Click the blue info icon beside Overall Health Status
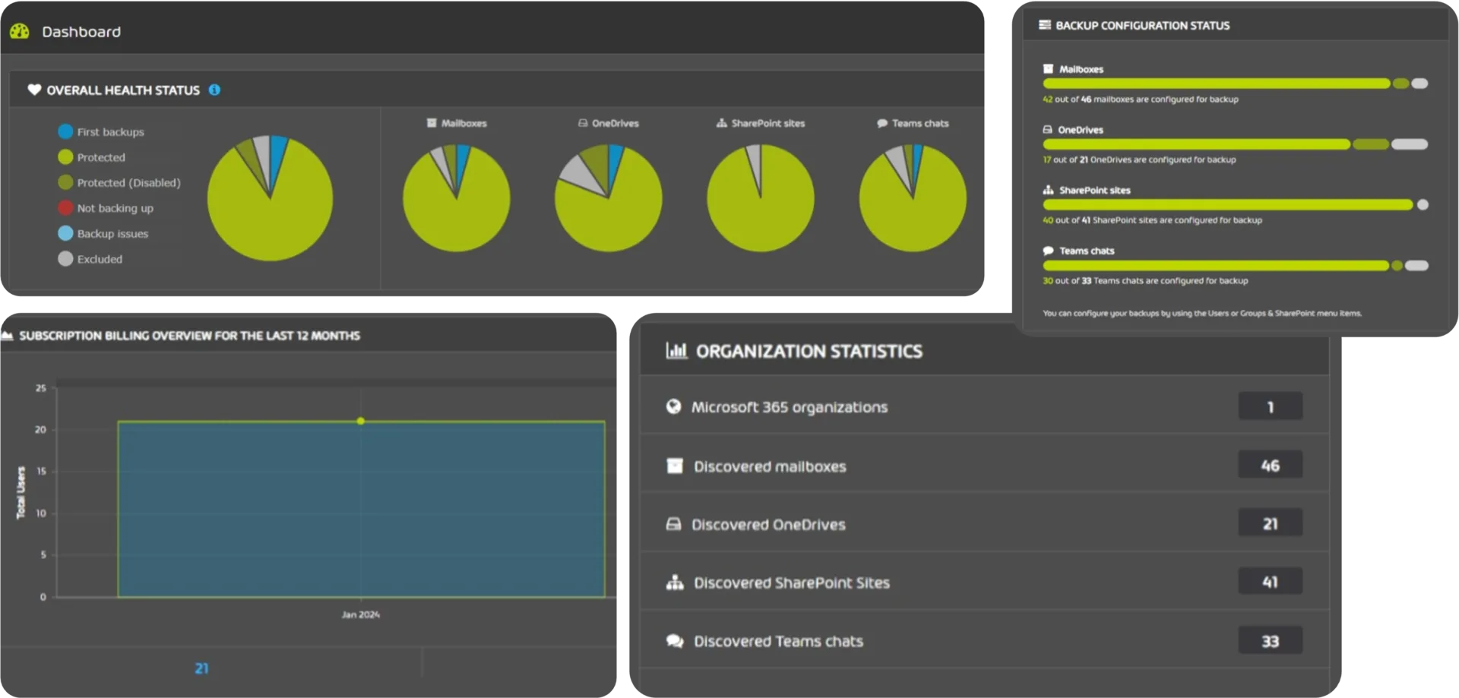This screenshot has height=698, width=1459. pyautogui.click(x=214, y=90)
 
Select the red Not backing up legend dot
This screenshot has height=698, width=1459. pyautogui.click(x=65, y=207)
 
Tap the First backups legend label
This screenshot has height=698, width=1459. pyautogui.click(x=110, y=131)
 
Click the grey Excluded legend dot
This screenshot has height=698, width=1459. pyautogui.click(x=65, y=258)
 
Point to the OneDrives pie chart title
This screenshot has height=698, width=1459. pyautogui.click(x=615, y=123)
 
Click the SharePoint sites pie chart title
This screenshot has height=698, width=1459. pyautogui.click(x=767, y=123)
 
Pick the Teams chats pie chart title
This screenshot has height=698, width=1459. pyautogui.click(x=919, y=123)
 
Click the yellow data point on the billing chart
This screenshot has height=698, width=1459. pyautogui.click(x=360, y=421)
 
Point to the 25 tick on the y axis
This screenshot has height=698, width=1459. pyautogui.click(x=41, y=388)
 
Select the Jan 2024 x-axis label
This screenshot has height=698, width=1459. pyautogui.click(x=360, y=614)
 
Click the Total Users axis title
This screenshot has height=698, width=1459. pyautogui.click(x=21, y=492)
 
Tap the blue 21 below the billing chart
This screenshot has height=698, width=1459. pyautogui.click(x=201, y=668)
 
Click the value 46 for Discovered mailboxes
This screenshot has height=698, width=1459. pyautogui.click(x=1270, y=465)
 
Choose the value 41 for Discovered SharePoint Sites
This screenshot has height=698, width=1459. pyautogui.click(x=1270, y=582)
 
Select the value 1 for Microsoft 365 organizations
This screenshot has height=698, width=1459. pyautogui.click(x=1270, y=407)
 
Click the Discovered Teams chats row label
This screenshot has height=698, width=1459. pyautogui.click(x=777, y=641)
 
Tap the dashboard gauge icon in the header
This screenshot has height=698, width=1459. pyautogui.click(x=20, y=31)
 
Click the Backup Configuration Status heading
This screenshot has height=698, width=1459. pyautogui.click(x=1142, y=26)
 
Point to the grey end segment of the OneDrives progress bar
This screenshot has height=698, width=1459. pyautogui.click(x=1409, y=144)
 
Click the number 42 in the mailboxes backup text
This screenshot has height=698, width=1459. pyautogui.click(x=1047, y=99)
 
